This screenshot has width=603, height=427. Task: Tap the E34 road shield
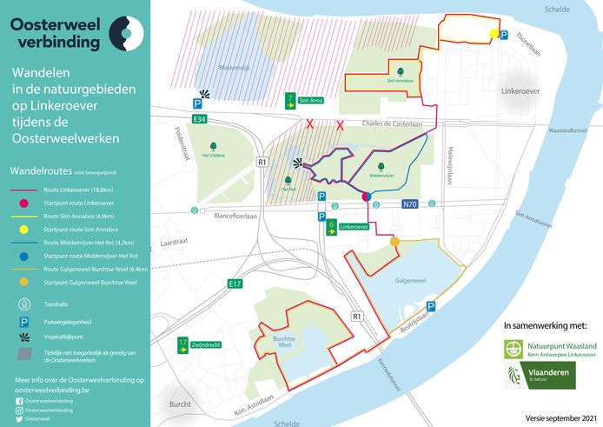200,118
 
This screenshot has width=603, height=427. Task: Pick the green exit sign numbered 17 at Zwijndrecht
183,343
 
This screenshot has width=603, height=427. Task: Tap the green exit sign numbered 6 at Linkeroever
331,225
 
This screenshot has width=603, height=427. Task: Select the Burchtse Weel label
278,343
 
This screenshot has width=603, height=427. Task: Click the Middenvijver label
382,174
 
